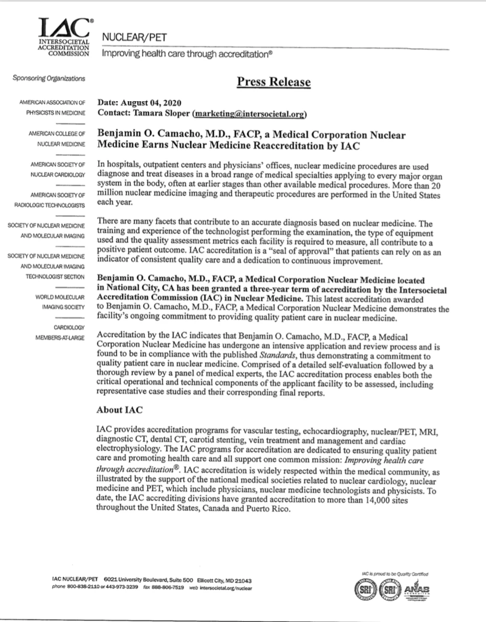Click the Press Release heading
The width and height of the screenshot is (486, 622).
274,82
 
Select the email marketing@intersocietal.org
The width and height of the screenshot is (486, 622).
249,113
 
